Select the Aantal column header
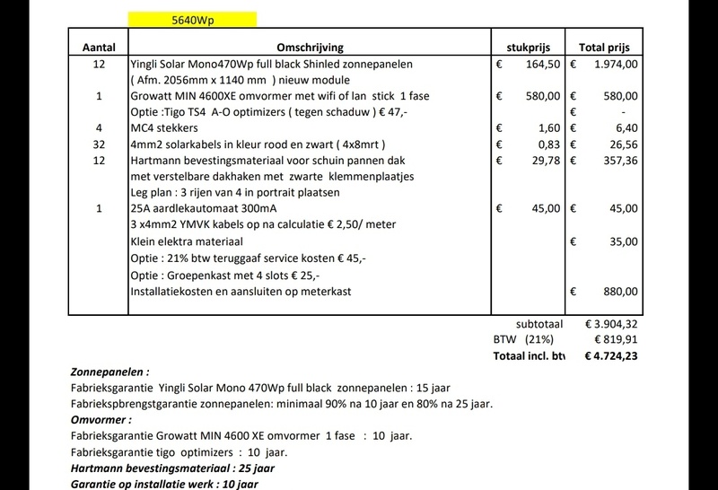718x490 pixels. (x=99, y=47)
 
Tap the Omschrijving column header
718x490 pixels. (x=311, y=47)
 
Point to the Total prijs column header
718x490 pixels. (x=605, y=47)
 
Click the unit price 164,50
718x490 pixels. (x=542, y=65)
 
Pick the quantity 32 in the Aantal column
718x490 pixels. (x=99, y=144)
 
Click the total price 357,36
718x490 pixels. (x=619, y=160)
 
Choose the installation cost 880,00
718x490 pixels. (x=619, y=291)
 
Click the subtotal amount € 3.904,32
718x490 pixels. (x=611, y=324)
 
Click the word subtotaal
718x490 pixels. (x=539, y=324)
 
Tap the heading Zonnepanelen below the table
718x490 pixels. (x=109, y=372)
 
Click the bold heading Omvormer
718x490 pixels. (x=101, y=420)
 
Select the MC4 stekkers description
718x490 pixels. (x=165, y=127)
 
